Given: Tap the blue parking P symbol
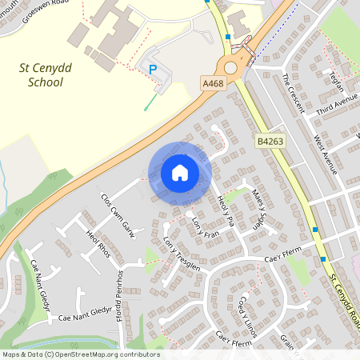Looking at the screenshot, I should coord(152,70).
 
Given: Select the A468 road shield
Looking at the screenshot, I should coord(211,82).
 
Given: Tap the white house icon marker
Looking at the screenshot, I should coord(179,173).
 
